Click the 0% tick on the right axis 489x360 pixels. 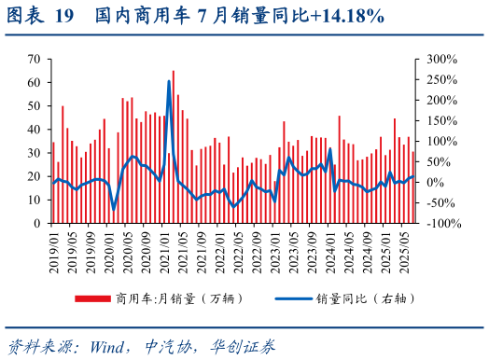tap(433, 183)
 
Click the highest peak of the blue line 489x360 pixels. tap(169, 81)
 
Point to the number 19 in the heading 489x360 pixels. tap(64, 16)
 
